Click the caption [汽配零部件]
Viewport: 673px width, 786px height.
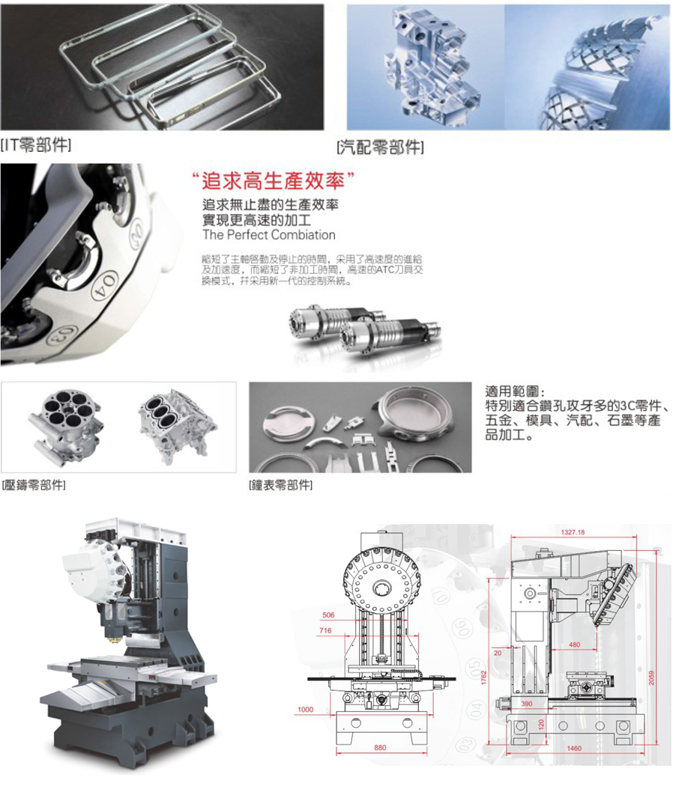pos(380,146)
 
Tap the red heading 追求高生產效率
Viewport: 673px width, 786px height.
pos(272,182)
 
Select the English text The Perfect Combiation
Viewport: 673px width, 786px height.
pos(269,235)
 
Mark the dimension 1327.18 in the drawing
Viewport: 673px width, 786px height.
pos(572,532)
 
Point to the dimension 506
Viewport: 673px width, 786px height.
pos(328,615)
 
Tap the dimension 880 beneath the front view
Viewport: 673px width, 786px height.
pos(381,749)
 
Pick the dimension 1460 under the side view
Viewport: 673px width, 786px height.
pos(575,749)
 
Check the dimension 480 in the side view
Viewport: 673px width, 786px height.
pos(575,645)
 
